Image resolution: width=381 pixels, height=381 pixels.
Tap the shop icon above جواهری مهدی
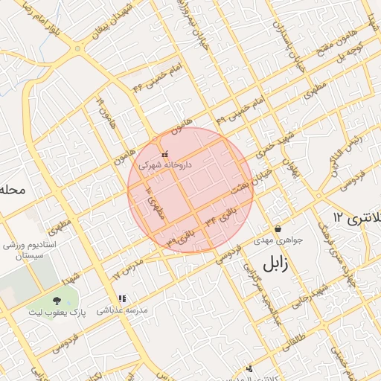tap(278, 229)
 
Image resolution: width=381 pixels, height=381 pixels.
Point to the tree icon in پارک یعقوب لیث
tap(57, 301)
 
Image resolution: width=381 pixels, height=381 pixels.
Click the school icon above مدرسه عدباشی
tap(123, 298)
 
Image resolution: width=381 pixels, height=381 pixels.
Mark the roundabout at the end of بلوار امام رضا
tap(77, 49)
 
